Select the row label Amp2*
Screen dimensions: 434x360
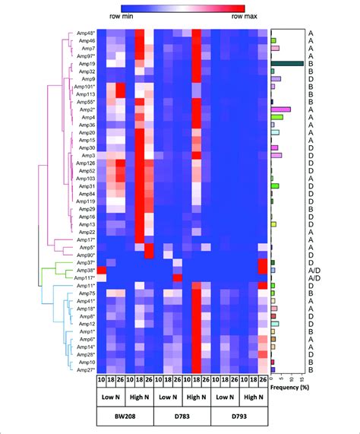pyautogui.click(x=85, y=109)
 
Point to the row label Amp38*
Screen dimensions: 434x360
pyautogui.click(x=84, y=270)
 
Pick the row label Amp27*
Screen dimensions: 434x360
pyautogui.click(x=84, y=369)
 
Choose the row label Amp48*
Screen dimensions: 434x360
pyautogui.click(x=84, y=33)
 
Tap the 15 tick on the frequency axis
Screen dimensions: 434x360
pyautogui.click(x=303, y=378)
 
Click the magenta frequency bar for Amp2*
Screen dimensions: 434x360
pyautogui.click(x=281, y=109)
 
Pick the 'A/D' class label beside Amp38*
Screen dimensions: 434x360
pyautogui.click(x=311, y=270)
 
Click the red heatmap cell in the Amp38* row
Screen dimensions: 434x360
pyautogui.click(x=101, y=270)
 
